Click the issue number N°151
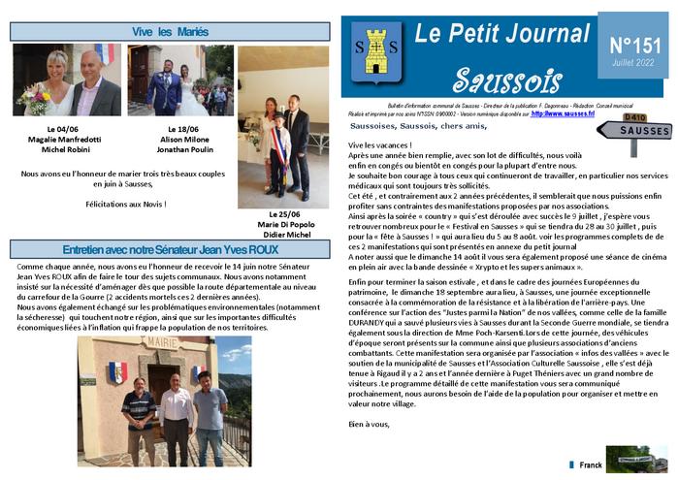pyautogui.click(x=634, y=47)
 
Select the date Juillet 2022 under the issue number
pyautogui.click(x=634, y=63)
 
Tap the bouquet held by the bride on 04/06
pyautogui.click(x=35, y=97)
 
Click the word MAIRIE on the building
pyautogui.click(x=160, y=341)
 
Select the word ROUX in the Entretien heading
pyautogui.click(x=265, y=249)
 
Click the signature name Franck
pyautogui.click(x=591, y=465)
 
